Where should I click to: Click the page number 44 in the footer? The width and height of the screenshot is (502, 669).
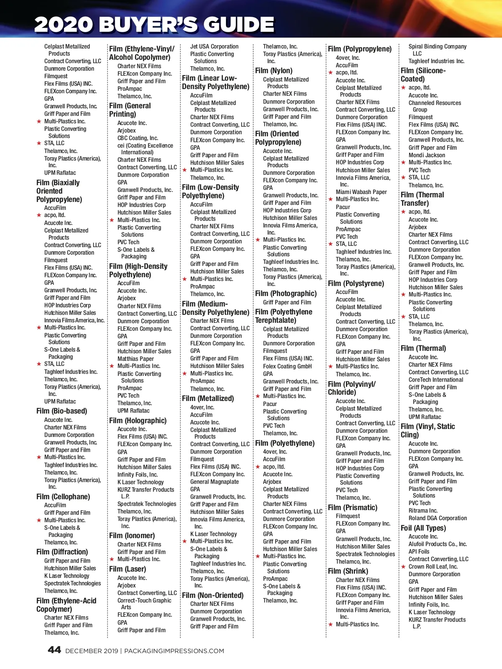click(54, 650)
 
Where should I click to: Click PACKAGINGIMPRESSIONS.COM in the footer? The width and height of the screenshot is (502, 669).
click(174, 651)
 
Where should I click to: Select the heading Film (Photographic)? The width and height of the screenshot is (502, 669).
click(286, 294)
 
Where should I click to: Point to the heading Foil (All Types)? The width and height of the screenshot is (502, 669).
click(423, 528)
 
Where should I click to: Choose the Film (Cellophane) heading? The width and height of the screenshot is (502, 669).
click(63, 497)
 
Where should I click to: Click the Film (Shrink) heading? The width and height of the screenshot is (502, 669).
click(348, 571)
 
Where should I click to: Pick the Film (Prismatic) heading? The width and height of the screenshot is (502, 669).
click(353, 508)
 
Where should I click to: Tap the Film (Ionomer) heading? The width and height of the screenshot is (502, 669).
click(132, 536)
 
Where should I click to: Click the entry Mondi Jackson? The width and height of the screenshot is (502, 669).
click(427, 155)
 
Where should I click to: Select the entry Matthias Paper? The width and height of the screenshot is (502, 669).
click(136, 359)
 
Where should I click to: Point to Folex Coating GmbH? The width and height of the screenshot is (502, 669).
click(287, 366)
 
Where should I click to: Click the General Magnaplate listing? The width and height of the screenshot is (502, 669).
click(215, 482)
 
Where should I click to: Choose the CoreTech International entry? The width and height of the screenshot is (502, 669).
click(436, 380)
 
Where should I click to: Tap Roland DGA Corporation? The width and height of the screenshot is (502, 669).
click(438, 518)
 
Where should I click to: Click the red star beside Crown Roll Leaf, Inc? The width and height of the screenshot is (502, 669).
click(404, 567)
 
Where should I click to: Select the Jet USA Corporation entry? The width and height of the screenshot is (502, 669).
click(214, 46)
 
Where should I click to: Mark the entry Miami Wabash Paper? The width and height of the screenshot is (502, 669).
click(361, 192)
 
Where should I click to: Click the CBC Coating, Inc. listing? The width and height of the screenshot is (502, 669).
click(138, 138)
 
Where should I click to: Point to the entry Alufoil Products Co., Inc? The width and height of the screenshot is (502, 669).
click(438, 544)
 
